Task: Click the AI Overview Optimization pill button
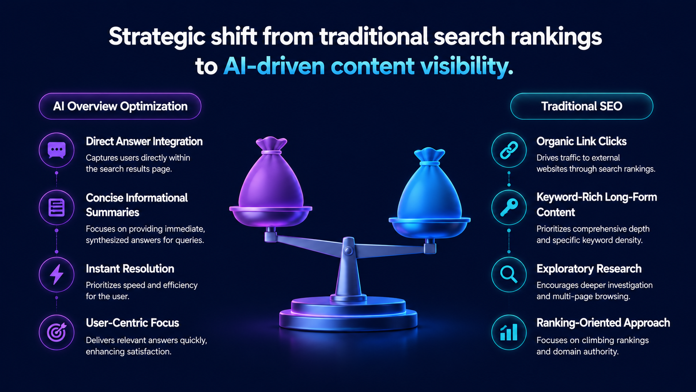pos(120,106)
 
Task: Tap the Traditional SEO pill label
pos(582,106)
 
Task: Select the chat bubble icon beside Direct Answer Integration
pos(57,150)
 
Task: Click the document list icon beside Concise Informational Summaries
pos(57,207)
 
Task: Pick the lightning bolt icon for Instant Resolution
pos(57,275)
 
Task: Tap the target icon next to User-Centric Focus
pos(57,332)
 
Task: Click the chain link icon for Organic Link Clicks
pos(509,150)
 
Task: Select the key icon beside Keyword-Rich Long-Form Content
pos(509,207)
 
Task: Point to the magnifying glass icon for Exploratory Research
pos(509,275)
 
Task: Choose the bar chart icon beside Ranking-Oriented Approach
pos(509,332)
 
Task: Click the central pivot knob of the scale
pos(348,250)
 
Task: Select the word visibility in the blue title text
pos(467,67)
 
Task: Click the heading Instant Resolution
pos(130,269)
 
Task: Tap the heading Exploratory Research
pos(589,269)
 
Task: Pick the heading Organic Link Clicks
pos(582,142)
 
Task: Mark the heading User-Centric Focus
pos(132,323)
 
